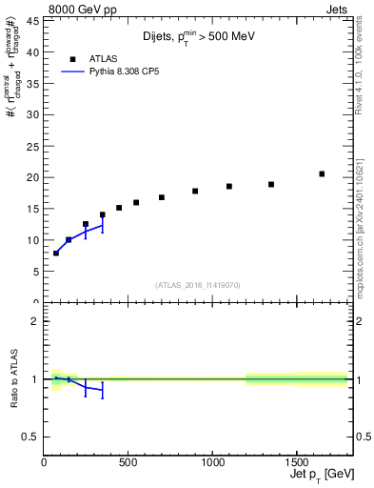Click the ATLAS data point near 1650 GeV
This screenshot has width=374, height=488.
coord(322,173)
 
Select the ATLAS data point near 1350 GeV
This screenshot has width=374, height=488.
coord(271,184)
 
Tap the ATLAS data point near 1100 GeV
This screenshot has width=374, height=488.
coord(229,186)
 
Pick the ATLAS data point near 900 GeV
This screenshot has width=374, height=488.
coord(195,191)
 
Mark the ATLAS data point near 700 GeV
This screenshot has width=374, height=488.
coord(162,197)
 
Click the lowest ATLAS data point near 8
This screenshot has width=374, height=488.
coord(56,253)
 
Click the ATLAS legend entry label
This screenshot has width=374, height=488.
coord(103,58)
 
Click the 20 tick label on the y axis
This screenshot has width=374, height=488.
coord(33,177)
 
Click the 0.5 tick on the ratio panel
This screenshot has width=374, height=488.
coord(32,437)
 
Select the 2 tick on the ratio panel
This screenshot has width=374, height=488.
coord(35,321)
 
